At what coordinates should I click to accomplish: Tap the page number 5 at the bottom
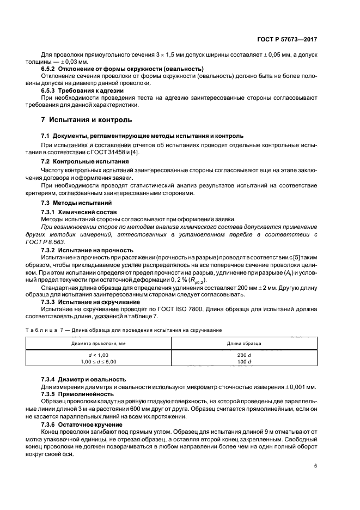click(x=316, y=466)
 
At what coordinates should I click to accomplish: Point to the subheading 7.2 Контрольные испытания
click(x=85, y=162)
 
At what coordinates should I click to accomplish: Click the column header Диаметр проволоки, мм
click(x=98, y=344)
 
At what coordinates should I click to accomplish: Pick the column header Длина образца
click(x=243, y=344)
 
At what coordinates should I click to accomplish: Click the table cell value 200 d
click(x=243, y=355)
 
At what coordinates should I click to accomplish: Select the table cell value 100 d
click(x=243, y=361)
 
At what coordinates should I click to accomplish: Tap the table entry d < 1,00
click(x=98, y=355)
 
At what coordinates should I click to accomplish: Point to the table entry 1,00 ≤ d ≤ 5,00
click(x=98, y=361)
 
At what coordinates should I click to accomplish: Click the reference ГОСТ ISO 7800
click(x=190, y=309)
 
